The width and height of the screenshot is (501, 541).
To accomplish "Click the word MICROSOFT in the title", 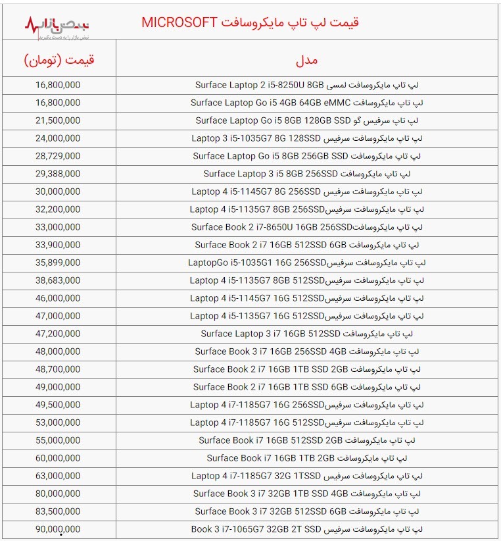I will coord(179,22).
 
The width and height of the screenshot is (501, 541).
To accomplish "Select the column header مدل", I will coord(306,60).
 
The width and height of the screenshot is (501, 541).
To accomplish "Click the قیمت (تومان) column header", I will coord(59,60).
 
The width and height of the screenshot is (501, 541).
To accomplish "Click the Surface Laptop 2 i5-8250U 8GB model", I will coord(306,85).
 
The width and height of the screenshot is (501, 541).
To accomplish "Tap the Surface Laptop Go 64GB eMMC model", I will coord(306,103).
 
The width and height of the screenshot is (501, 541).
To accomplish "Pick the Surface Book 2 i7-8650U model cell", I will coord(306,227).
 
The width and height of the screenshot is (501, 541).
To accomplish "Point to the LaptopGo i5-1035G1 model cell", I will coord(306,263).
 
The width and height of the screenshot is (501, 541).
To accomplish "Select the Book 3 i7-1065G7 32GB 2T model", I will coord(306,529).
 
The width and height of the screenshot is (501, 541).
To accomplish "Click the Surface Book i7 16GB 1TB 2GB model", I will coord(306,458).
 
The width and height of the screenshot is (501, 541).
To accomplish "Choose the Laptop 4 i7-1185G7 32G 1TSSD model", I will coord(306,476).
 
